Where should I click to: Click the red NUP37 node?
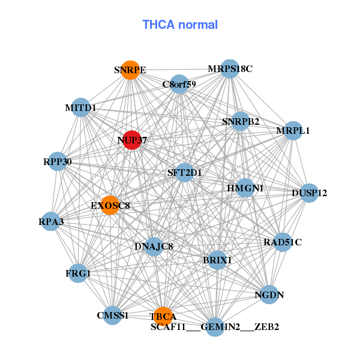(131, 140)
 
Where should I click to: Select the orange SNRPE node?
(130, 70)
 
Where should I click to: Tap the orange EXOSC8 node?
(109, 205)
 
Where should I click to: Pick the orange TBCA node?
(163, 314)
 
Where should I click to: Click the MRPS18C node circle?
(230, 69)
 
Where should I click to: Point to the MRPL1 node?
(292, 131)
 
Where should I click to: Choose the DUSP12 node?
(308, 193)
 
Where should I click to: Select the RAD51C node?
(283, 242)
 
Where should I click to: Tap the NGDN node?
(269, 295)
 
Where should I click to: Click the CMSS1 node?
(112, 315)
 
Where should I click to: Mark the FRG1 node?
(78, 274)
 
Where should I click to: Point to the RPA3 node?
(52, 222)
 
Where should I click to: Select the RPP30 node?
(58, 161)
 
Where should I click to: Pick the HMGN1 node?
(245, 188)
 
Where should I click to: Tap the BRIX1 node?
(217, 260)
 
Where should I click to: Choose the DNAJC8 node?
(154, 246)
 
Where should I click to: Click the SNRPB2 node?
(240, 122)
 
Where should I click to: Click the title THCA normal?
(179, 25)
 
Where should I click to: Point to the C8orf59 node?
(179, 85)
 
